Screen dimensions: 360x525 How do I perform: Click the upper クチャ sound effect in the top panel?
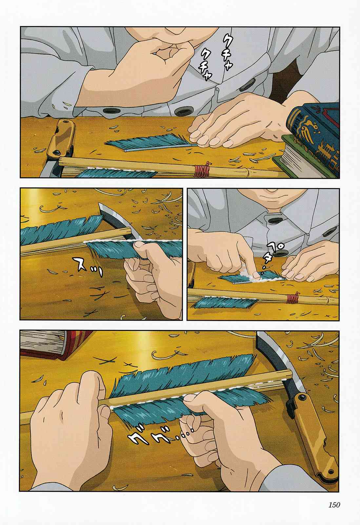coord(227,52)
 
